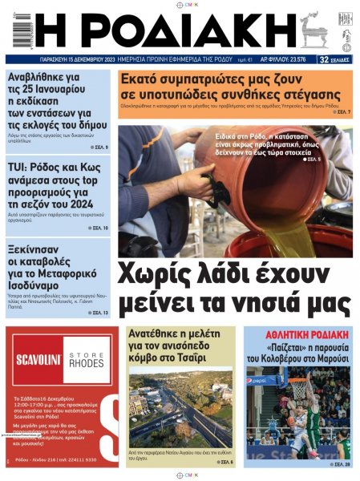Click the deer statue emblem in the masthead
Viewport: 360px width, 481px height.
pyautogui.click(x=310, y=31)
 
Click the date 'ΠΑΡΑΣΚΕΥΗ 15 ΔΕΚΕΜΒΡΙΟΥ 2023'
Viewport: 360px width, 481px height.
pyautogui.click(x=79, y=59)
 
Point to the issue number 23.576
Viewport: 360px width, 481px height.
pyautogui.click(x=293, y=59)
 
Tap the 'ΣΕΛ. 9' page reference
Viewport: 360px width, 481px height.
pyautogui.click(x=99, y=148)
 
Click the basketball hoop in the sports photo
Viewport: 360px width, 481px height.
pyautogui.click(x=298, y=387)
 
